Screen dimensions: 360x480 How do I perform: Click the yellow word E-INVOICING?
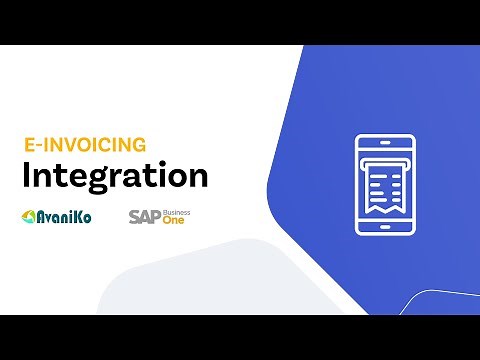(84, 144)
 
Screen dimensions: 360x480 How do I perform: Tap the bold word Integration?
(115, 176)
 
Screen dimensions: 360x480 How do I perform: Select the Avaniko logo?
(57, 216)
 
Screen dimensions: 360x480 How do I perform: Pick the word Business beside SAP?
(176, 212)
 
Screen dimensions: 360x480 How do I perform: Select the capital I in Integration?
(26, 175)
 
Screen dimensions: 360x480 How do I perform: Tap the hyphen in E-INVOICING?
(37, 145)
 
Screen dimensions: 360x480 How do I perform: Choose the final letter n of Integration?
(198, 177)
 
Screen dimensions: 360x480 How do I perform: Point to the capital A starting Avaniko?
(41, 216)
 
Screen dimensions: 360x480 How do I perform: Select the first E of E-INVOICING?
(28, 144)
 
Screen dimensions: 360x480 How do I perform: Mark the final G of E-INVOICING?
(139, 144)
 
